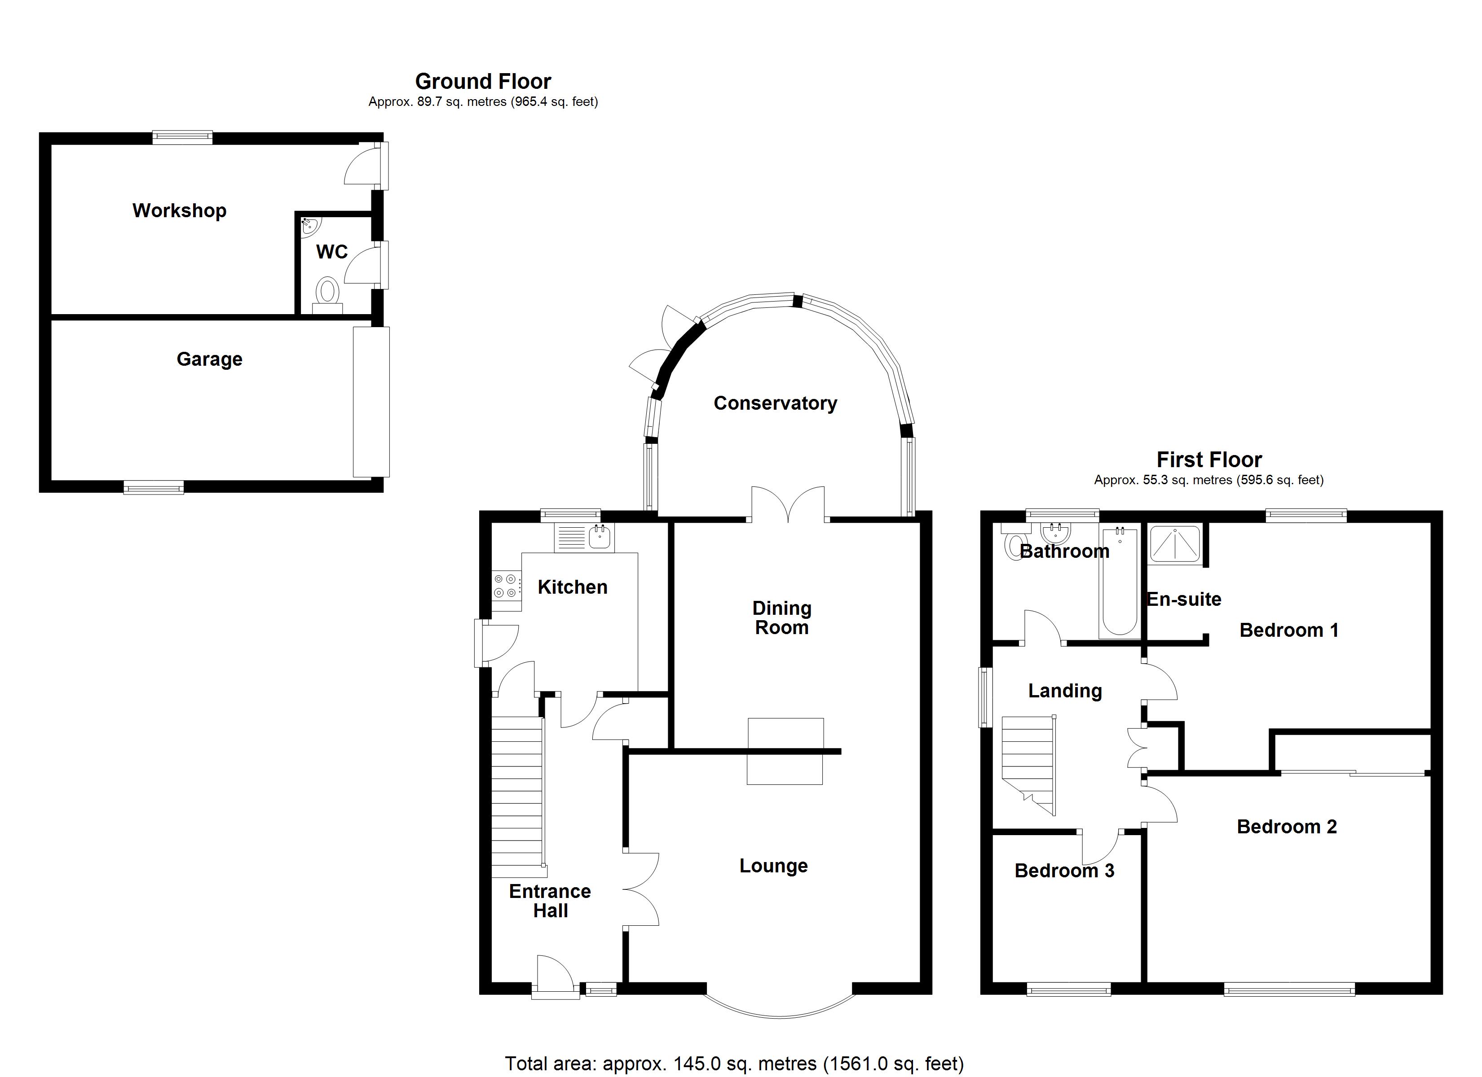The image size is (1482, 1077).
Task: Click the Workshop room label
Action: pos(179,210)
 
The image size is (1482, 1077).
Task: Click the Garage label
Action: pos(209,359)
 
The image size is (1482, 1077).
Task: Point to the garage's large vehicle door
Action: pos(371,402)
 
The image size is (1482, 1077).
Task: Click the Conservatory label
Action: pos(775,403)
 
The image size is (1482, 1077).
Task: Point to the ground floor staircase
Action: pos(517,797)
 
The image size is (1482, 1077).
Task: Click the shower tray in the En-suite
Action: pos(1175,544)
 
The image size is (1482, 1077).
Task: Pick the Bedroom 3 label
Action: pos(1064,871)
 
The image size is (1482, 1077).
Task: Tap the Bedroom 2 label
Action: pos(1286,827)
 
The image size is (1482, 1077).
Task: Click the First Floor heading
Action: pos(1209,460)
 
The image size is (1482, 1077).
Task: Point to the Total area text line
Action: pos(734,1063)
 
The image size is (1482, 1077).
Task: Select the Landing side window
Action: pos(985,697)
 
